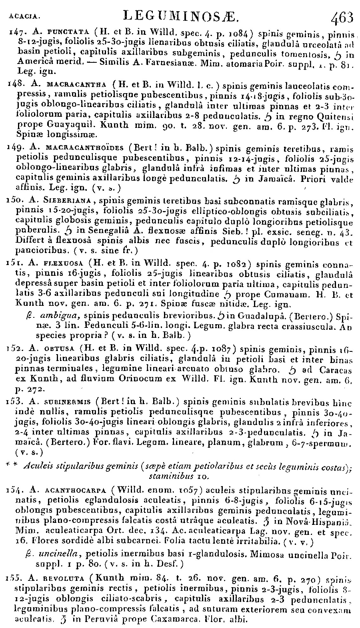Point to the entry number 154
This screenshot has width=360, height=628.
tap(15, 489)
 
